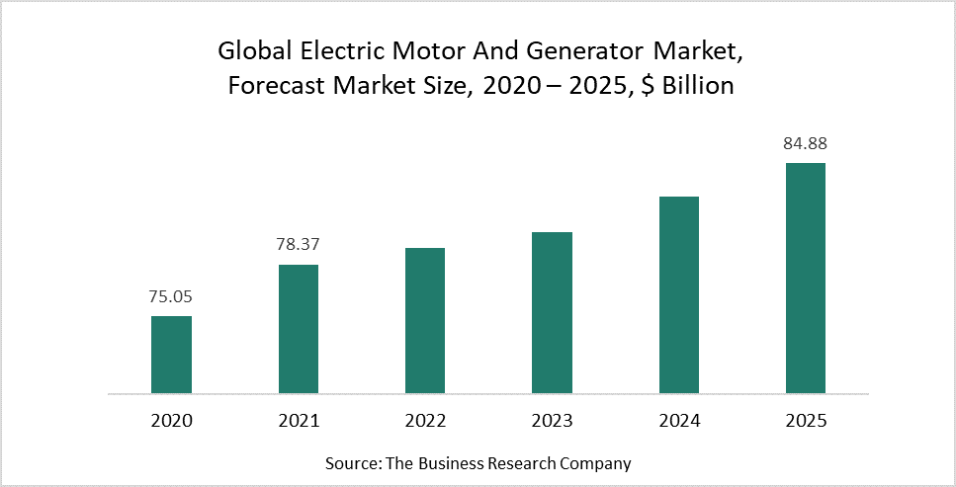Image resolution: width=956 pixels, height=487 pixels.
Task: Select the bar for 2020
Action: pos(171,355)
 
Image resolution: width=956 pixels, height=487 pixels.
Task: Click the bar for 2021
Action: pos(299,329)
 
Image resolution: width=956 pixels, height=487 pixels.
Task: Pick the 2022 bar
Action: pos(425,321)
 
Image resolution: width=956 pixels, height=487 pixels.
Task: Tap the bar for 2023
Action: pos(552,313)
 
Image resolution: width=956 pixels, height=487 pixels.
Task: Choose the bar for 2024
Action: pos(679,295)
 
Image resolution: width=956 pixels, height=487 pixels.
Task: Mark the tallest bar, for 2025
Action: pos(806,279)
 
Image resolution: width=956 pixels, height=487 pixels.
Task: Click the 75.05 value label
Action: pos(172,295)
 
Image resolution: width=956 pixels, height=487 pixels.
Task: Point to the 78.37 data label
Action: pos(299,244)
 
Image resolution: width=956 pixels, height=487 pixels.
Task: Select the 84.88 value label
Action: pos(806,143)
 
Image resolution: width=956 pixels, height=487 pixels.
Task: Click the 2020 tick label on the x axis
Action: pos(172,421)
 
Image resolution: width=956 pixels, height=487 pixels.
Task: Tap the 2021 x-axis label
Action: pos(299,421)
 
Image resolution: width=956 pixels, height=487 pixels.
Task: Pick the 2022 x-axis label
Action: pos(425,421)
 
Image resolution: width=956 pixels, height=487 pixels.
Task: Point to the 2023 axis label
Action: pos(552,421)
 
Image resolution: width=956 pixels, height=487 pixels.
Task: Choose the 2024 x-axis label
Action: pos(679,421)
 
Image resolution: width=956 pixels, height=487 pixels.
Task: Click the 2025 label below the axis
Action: pos(806,421)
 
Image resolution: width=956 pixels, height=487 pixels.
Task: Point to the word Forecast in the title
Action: pos(273,86)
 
